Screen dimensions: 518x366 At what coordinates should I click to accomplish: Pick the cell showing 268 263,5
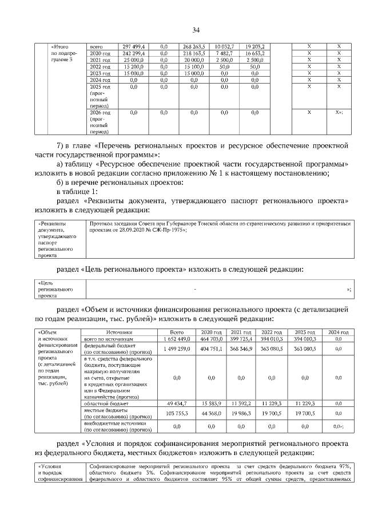(193, 46)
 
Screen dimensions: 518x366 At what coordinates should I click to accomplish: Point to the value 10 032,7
(224, 46)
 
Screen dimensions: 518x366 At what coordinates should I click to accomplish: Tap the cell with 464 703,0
(212, 339)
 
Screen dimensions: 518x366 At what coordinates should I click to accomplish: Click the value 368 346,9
(241, 349)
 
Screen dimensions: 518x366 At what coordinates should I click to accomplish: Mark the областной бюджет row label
(106, 404)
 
